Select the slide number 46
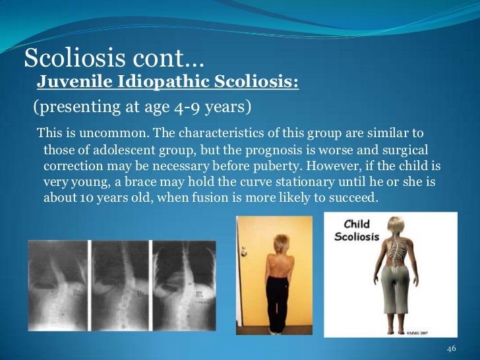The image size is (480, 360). tap(452, 347)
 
